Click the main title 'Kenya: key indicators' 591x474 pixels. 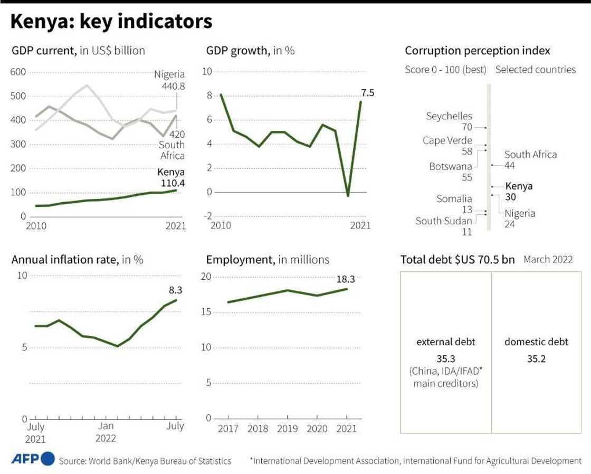click(111, 22)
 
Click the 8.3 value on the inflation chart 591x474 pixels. click(176, 290)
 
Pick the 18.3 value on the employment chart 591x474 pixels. click(346, 280)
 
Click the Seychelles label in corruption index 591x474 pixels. click(449, 116)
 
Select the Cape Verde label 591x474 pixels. click(447, 140)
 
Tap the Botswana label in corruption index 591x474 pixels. click(450, 166)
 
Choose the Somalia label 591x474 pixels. click(454, 199)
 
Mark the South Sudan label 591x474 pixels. click(443, 221)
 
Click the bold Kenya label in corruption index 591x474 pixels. click(519, 186)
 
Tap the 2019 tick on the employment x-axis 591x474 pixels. click(287, 429)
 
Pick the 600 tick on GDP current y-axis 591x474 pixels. click(17, 72)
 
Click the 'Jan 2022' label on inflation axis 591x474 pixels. click(106, 432)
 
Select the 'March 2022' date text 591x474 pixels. click(548, 260)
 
